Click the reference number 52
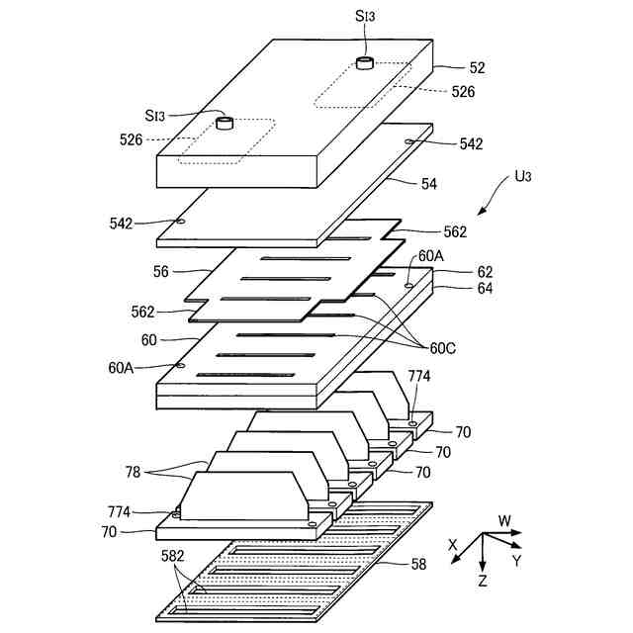coord(478,69)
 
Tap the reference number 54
coord(428,185)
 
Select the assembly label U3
coord(524,179)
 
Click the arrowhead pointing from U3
coord(482,213)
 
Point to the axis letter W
coord(503,520)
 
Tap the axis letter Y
coord(514,561)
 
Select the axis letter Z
coord(482,582)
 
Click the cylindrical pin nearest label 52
coord(365,65)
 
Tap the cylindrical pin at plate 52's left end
coord(225,125)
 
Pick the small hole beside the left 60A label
coord(180,364)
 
